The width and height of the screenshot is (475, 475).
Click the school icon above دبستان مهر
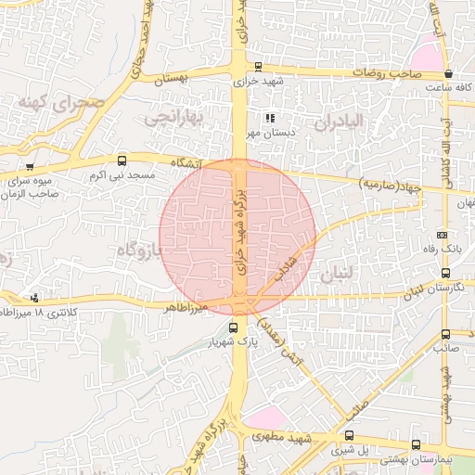click(x=270, y=119)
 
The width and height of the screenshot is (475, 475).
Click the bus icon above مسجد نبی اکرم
click(x=122, y=161)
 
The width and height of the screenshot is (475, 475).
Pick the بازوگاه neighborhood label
click(x=136, y=249)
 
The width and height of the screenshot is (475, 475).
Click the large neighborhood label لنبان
click(x=335, y=276)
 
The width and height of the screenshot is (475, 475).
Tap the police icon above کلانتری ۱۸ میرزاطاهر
click(x=34, y=297)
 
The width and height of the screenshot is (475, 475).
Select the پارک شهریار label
click(x=231, y=342)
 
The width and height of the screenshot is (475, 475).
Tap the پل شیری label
click(x=349, y=450)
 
